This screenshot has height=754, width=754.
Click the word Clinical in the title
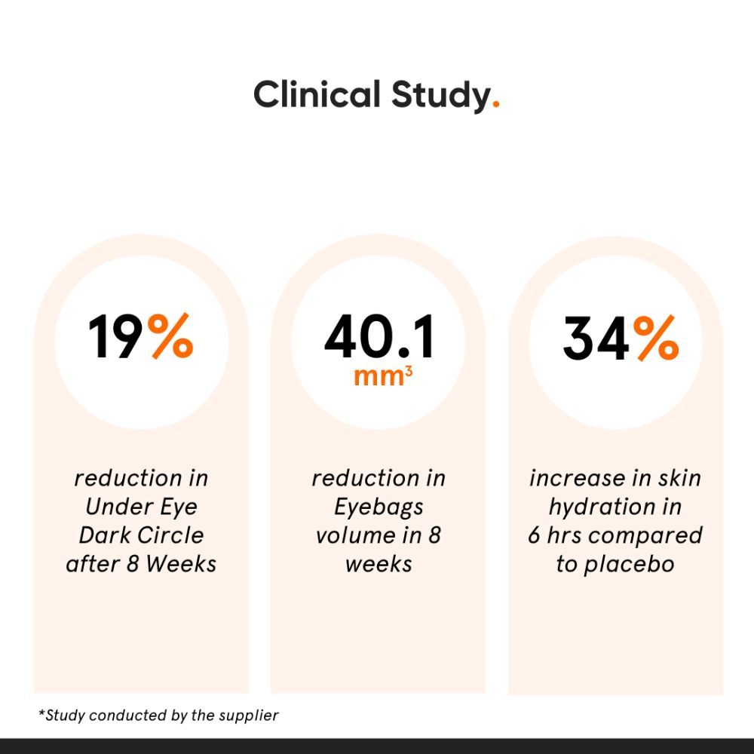point(317,96)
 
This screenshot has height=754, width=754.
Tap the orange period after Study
point(495,106)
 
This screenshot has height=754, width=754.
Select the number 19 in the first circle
point(115,337)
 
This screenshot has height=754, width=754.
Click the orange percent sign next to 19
point(170,337)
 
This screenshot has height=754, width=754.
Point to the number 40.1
point(379,337)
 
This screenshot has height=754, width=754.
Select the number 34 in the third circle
point(596,339)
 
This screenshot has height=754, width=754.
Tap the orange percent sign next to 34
point(655,339)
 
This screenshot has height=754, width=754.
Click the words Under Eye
point(141,507)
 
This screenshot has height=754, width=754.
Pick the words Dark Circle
point(141,535)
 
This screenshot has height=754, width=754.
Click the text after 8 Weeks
point(141,564)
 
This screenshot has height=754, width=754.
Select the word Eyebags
point(379,507)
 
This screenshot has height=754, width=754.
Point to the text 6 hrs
point(555,535)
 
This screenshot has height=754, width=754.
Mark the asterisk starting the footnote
point(41,713)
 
